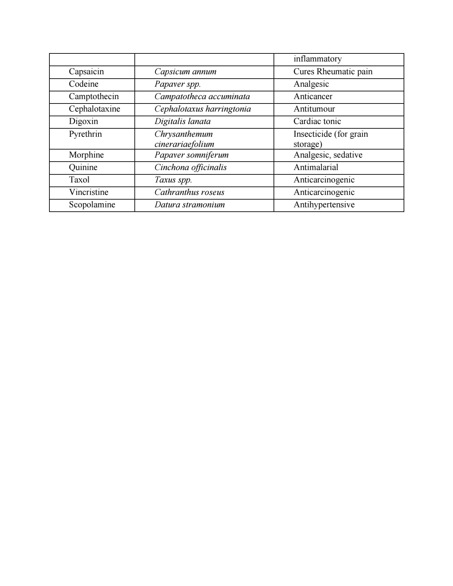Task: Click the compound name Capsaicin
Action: click(86, 72)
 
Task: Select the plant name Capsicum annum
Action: click(185, 72)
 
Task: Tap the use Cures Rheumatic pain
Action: click(333, 72)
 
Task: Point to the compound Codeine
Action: click(84, 84)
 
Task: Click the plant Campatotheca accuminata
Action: click(202, 96)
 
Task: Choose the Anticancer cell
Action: click(313, 96)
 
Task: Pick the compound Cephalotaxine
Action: click(94, 109)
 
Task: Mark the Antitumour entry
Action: click(314, 109)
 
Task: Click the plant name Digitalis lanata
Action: click(182, 121)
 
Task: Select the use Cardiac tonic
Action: click(317, 121)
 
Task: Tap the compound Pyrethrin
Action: click(85, 134)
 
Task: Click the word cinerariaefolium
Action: click(184, 144)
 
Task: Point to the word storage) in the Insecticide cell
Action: click(307, 144)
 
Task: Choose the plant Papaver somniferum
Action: click(191, 155)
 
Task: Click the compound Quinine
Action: click(83, 167)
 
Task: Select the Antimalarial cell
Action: click(316, 167)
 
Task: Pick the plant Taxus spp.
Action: click(173, 180)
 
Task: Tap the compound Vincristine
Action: click(89, 192)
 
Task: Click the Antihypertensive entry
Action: click(324, 205)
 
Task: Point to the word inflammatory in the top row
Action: click(317, 59)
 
